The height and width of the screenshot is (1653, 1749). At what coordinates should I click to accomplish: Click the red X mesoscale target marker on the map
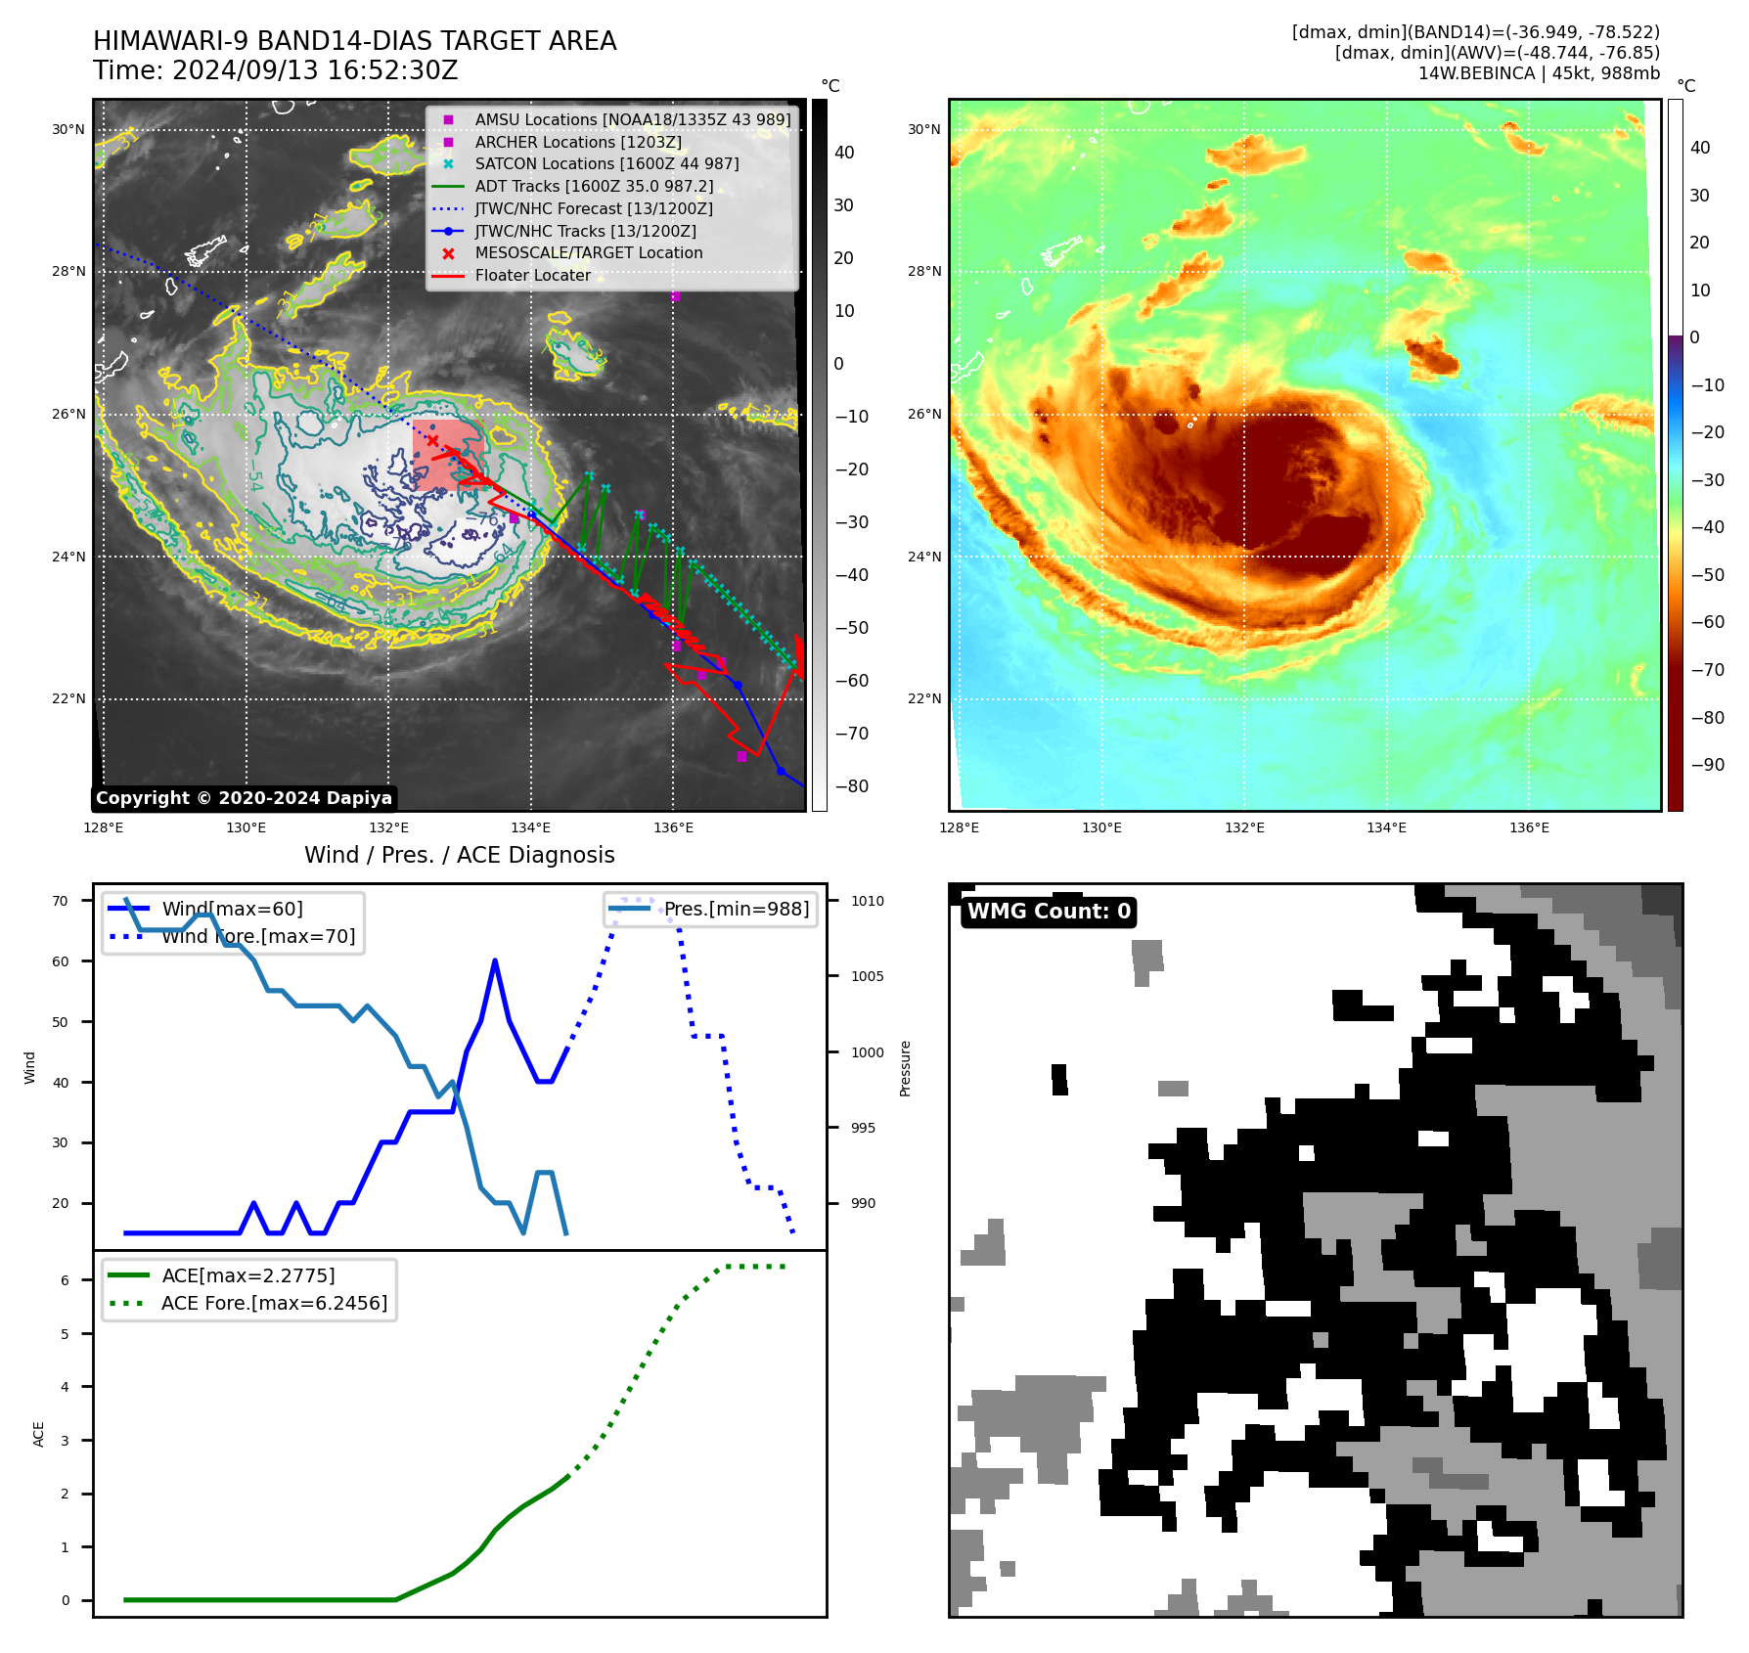click(x=432, y=441)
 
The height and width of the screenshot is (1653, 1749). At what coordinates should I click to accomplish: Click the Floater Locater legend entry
click(x=532, y=276)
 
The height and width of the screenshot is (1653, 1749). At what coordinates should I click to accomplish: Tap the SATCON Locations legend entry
click(x=606, y=164)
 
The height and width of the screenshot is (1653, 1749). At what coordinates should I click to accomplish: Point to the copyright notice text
click(x=244, y=798)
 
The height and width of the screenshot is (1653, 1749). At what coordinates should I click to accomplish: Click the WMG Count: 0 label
click(x=1049, y=912)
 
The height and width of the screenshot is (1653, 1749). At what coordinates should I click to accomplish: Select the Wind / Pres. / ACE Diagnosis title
click(x=460, y=855)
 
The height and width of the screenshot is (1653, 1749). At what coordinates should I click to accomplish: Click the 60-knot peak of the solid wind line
click(x=495, y=961)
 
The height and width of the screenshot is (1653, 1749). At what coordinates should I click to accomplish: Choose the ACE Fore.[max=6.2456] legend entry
click(x=274, y=1303)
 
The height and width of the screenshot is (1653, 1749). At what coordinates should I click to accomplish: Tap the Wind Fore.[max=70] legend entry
click(x=258, y=936)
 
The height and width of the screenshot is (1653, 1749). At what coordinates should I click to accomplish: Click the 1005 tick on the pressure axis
click(x=867, y=976)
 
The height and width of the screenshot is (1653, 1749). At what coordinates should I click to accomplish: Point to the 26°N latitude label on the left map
click(x=68, y=414)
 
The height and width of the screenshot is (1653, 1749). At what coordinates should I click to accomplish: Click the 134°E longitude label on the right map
click(x=1386, y=827)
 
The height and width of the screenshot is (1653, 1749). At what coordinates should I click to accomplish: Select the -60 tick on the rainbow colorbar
click(x=1708, y=622)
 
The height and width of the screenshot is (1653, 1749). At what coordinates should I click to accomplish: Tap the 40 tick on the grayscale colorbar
click(x=844, y=153)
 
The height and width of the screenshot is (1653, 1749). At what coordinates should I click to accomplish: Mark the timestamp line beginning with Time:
click(x=276, y=70)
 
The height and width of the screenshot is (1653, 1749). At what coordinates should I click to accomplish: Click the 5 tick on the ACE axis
click(x=66, y=1333)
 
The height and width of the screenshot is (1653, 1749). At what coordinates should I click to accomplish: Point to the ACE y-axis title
click(x=39, y=1434)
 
